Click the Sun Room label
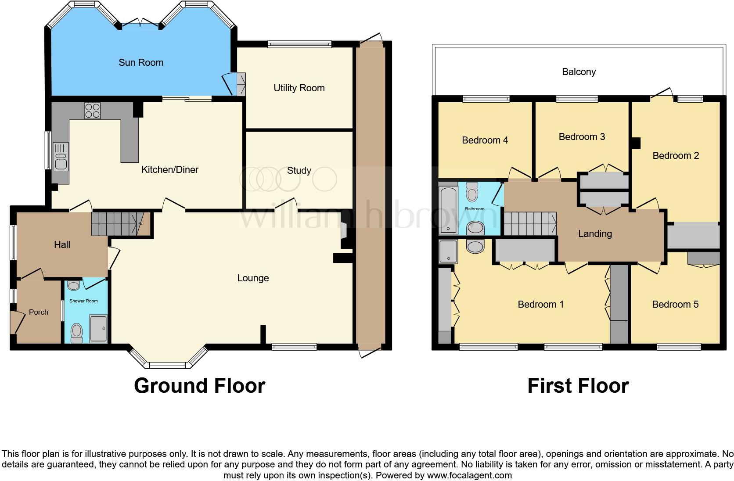tap(141, 62)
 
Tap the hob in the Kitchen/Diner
tap(92, 111)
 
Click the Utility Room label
tap(299, 88)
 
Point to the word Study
tap(299, 170)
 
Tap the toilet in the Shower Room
tap(77, 332)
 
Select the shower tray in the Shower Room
tap(98, 329)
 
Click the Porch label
tap(39, 312)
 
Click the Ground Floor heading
tap(199, 385)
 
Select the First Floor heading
tap(578, 385)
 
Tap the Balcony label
tap(579, 72)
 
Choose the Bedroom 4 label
tap(485, 140)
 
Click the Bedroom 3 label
tap(582, 136)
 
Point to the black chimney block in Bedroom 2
tap(635, 143)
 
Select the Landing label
tap(595, 233)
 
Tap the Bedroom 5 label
tap(675, 304)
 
